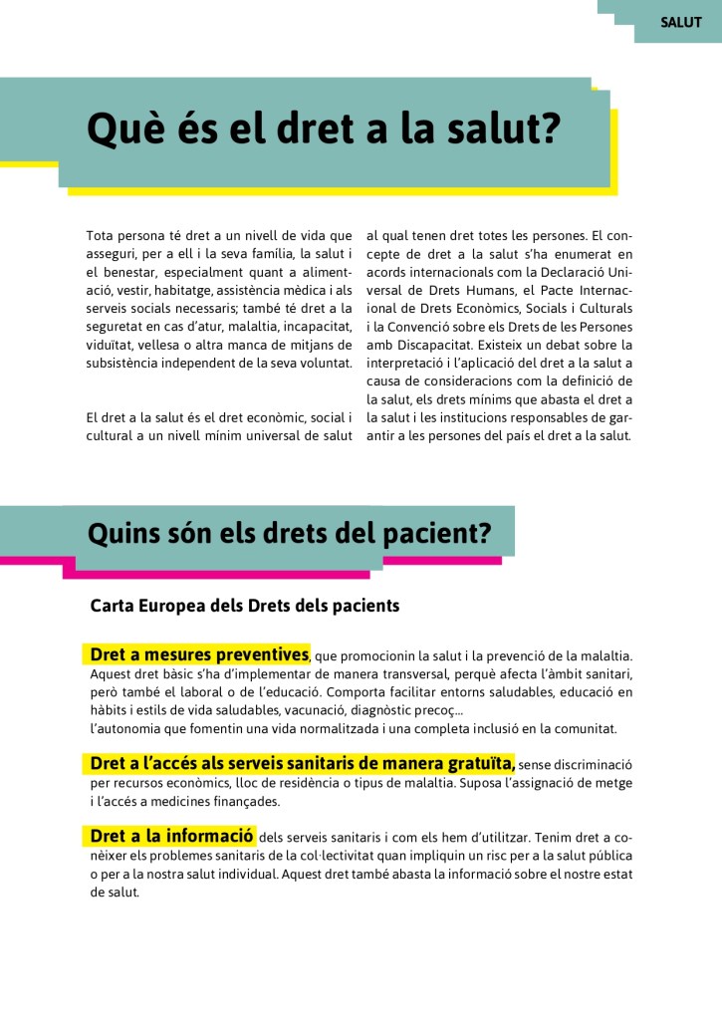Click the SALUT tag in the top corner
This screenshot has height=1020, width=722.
pos(680,22)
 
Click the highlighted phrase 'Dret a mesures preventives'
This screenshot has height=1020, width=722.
pos(198,655)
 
